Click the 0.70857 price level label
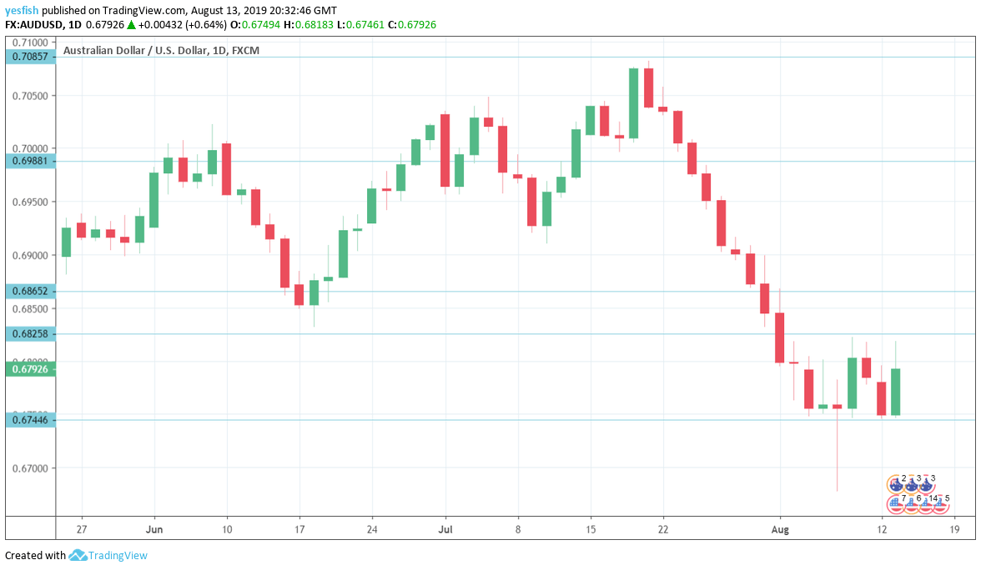pyautogui.click(x=29, y=57)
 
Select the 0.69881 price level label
pyautogui.click(x=29, y=161)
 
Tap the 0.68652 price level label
pyautogui.click(x=29, y=292)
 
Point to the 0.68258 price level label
pyautogui.click(x=29, y=333)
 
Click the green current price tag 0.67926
pyautogui.click(x=29, y=368)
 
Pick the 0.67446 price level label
pyautogui.click(x=29, y=420)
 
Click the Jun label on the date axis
pyautogui.click(x=153, y=529)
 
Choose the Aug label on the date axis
pyautogui.click(x=779, y=529)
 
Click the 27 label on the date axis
pyautogui.click(x=81, y=529)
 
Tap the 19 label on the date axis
pyautogui.click(x=954, y=529)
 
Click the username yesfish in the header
pyautogui.click(x=22, y=10)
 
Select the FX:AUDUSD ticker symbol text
pyautogui.click(x=37, y=24)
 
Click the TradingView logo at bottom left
pyautogui.click(x=108, y=556)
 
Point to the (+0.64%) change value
pyautogui.click(x=204, y=24)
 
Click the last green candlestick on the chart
pyautogui.click(x=896, y=392)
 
